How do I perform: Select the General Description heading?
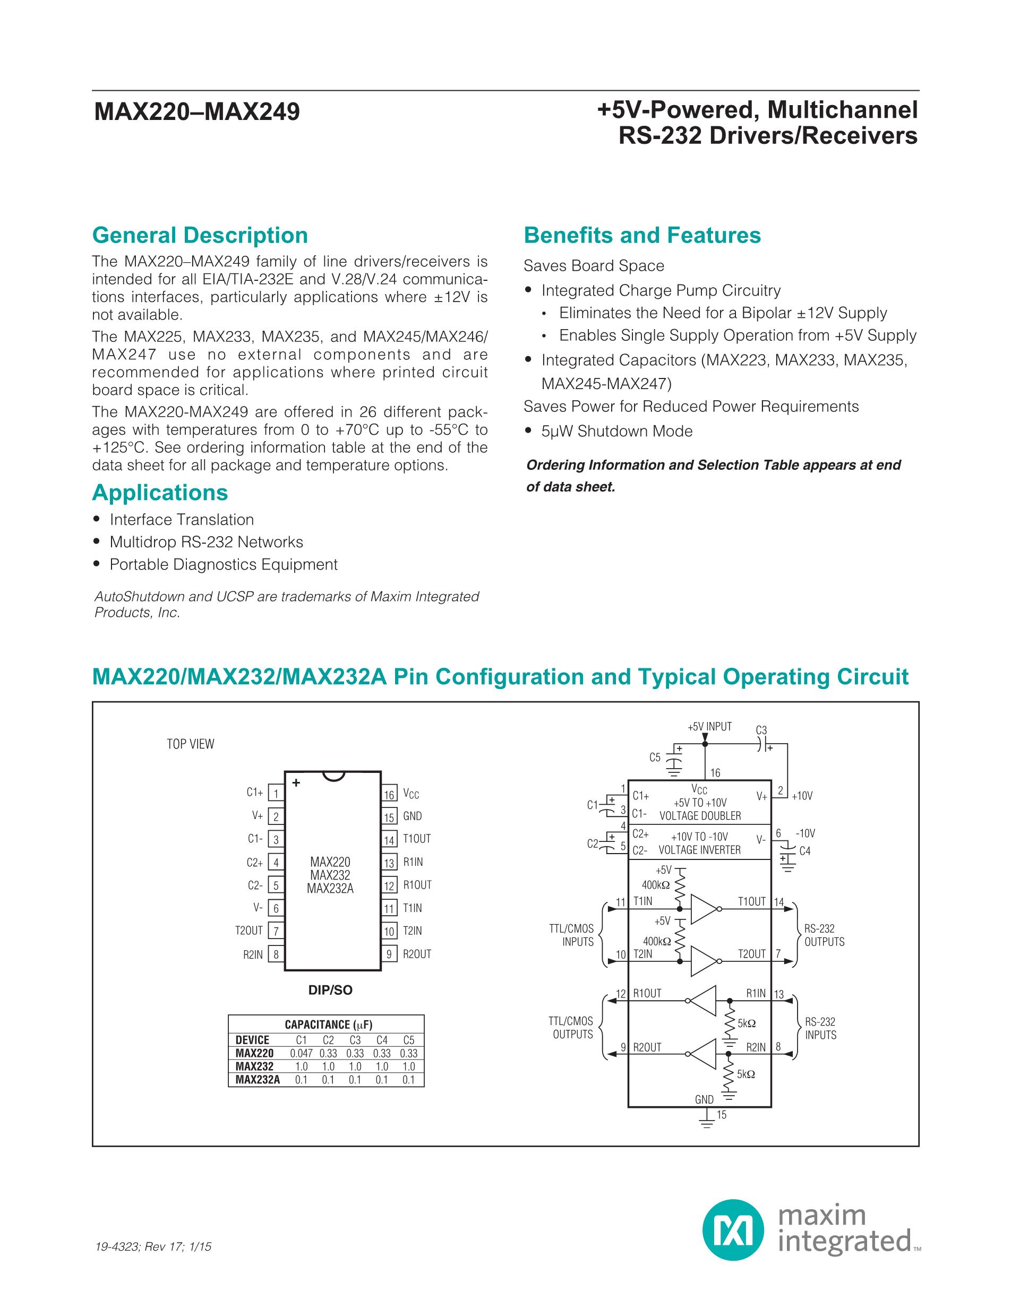200,235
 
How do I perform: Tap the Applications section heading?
160,492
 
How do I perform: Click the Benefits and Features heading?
642,235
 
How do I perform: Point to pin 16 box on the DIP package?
389,794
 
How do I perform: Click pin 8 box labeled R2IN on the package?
276,954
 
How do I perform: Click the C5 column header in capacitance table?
408,1040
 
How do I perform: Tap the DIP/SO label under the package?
330,991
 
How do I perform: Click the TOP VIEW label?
190,744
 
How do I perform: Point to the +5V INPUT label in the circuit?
710,727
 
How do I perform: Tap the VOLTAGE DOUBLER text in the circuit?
700,816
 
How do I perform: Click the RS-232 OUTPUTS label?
824,935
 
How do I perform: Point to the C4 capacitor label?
804,851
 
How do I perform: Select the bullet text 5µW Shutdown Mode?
617,431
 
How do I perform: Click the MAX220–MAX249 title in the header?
197,112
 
